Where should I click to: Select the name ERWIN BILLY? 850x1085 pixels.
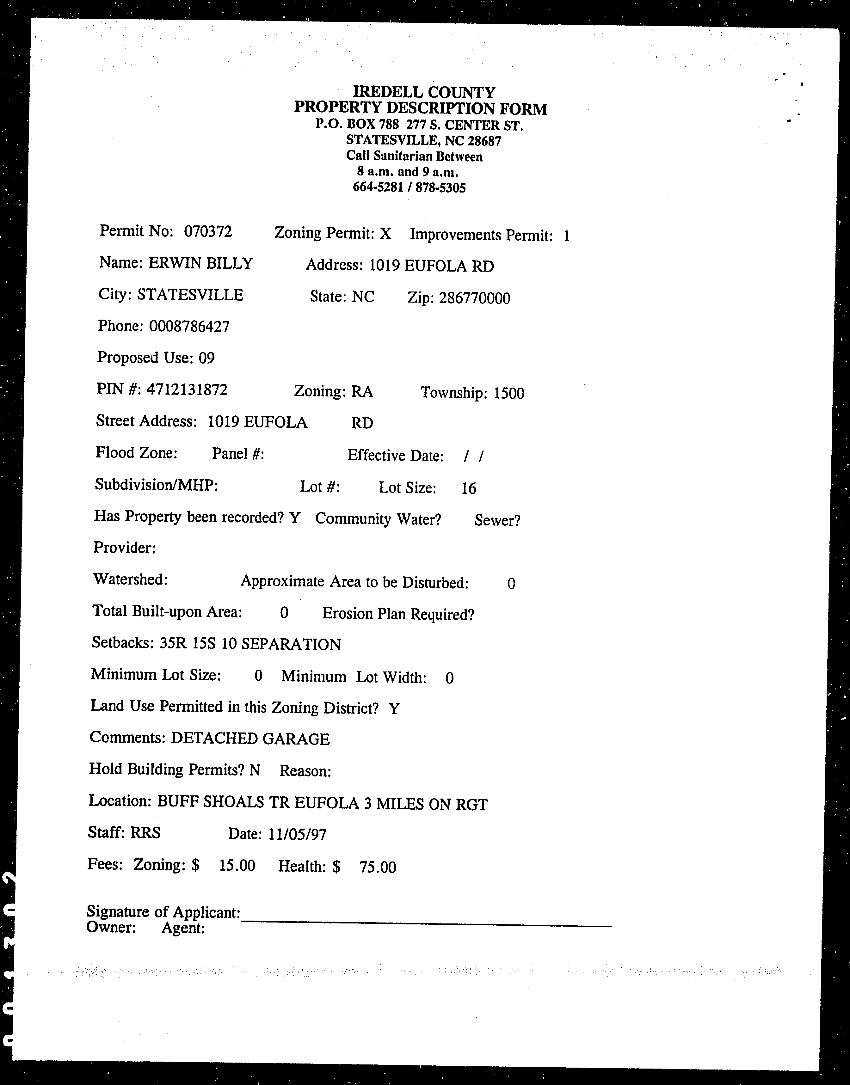(x=200, y=263)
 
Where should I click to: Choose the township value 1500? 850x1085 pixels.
(x=508, y=394)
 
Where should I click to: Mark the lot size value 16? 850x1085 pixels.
(x=468, y=488)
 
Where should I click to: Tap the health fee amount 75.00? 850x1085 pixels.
(x=378, y=867)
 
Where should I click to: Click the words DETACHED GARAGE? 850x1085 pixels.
(x=250, y=739)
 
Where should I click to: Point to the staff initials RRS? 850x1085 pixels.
(x=145, y=832)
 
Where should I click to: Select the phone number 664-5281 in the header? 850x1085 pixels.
(x=377, y=187)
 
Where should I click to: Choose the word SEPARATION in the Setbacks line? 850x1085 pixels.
(x=291, y=645)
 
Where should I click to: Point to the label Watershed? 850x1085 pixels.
(x=130, y=579)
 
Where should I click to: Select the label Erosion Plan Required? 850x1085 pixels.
(x=398, y=614)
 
